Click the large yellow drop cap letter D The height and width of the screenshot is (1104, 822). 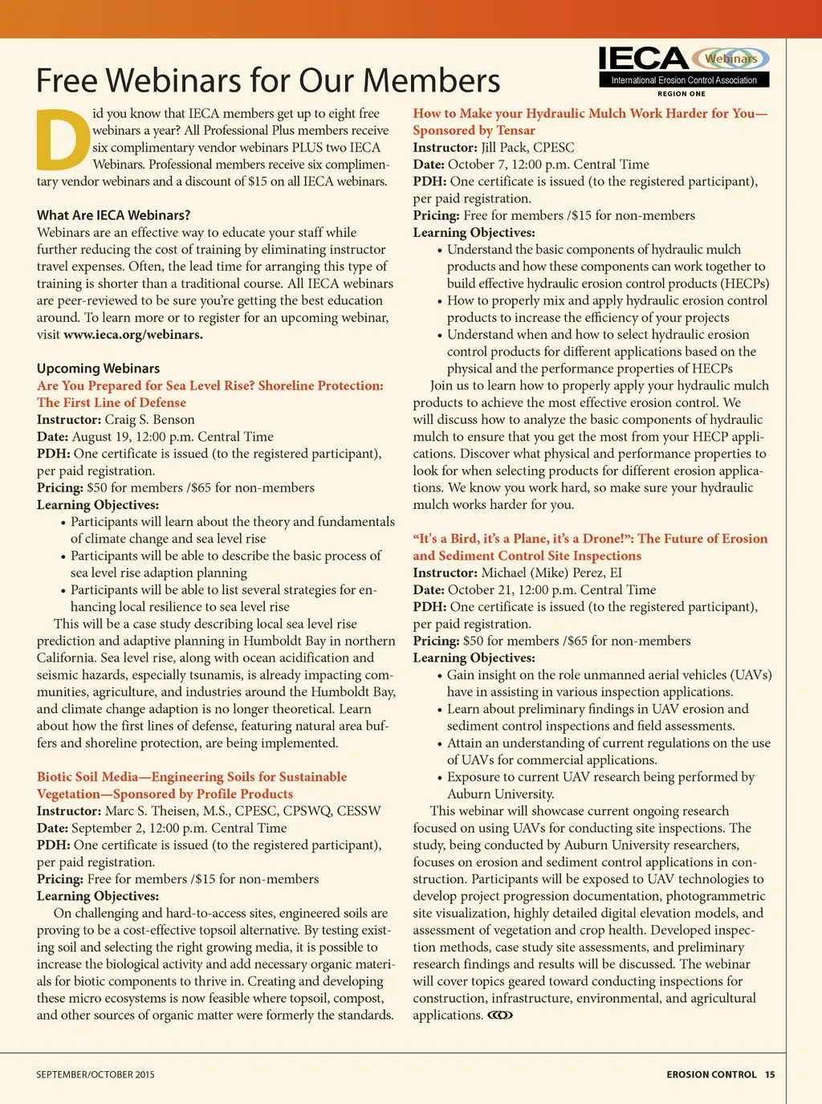coord(63,140)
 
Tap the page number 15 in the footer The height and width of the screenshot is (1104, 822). coord(770,1074)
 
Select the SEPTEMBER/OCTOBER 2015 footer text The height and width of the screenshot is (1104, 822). coord(95,1074)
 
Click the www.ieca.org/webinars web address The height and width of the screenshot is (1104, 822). coord(132,335)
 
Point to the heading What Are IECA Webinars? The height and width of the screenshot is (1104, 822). coord(113,215)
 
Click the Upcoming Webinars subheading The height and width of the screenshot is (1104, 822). coord(98,369)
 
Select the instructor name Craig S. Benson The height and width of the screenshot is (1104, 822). coord(149,420)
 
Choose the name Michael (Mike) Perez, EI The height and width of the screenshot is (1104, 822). coord(551,573)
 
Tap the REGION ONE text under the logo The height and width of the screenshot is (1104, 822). coord(682,94)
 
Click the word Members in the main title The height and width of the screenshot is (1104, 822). coord(431,81)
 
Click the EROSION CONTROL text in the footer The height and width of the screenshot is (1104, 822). coord(711,1074)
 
